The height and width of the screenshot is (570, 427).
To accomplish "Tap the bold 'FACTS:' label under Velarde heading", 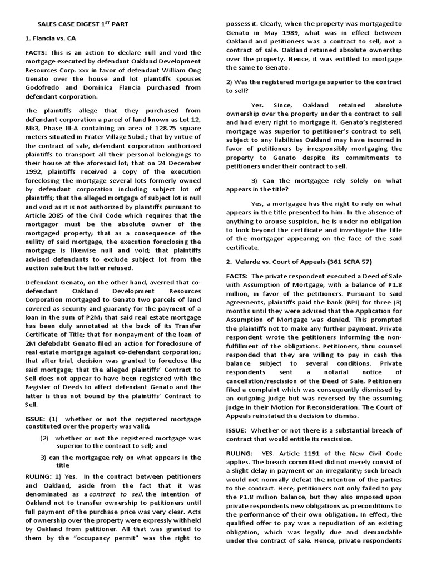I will pos(237,277).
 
